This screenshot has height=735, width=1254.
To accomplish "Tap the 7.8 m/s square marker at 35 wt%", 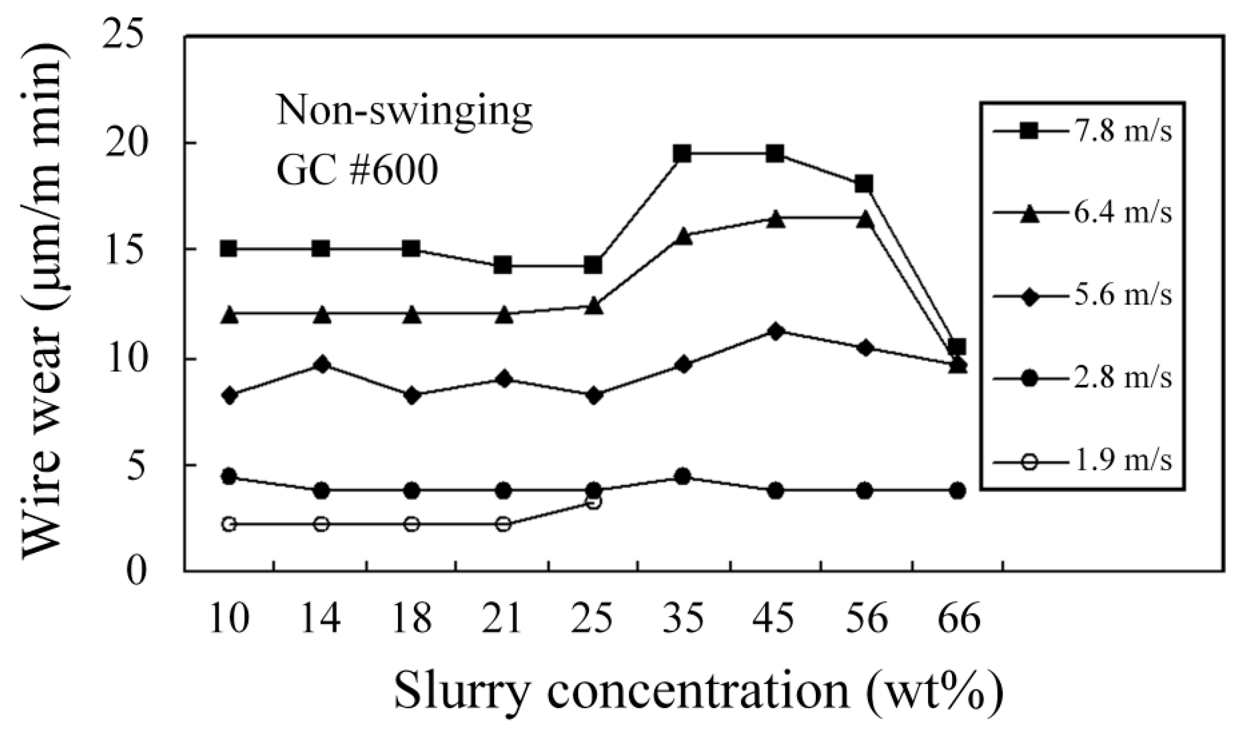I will pos(683,153).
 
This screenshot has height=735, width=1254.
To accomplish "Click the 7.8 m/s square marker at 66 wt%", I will pos(957,346).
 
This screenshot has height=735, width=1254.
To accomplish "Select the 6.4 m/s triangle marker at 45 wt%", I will pos(775,219).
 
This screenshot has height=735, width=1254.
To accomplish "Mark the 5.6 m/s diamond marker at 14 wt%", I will pos(322,364).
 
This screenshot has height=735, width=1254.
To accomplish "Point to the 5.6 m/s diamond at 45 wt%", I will pos(775,331).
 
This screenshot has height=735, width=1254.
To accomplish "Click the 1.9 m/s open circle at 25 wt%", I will pos(593,502).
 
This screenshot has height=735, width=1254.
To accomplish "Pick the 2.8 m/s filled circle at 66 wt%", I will pos(957,491).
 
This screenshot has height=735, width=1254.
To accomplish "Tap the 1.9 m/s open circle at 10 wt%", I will pos(229,525).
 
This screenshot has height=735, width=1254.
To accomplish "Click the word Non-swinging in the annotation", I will pos(404,112).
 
